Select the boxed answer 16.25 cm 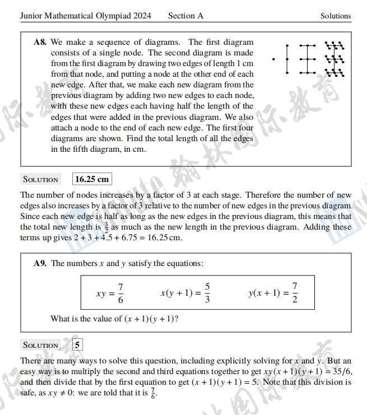point(92,179)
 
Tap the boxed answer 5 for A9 point(78,344)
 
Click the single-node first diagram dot point(273,58)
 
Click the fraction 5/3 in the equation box point(207,292)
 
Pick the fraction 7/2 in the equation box point(295,292)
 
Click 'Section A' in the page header point(185,16)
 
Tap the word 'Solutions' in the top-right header point(336,16)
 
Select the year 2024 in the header point(142,16)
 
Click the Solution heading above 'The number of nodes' point(40,180)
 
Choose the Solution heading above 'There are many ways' point(40,345)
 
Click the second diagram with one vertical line point(287,58)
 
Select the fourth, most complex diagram point(335,58)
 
